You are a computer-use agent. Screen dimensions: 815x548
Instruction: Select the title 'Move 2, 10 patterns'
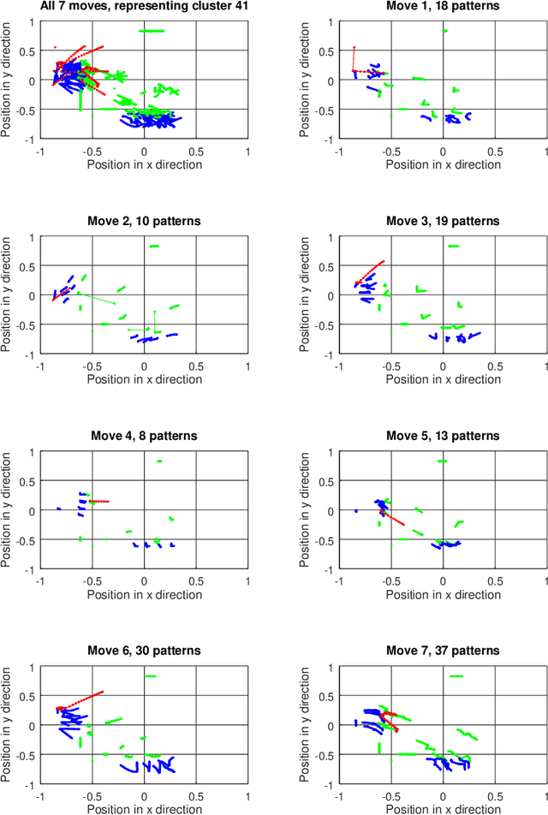click(x=144, y=221)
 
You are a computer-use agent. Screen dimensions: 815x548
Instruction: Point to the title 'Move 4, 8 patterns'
click(x=144, y=436)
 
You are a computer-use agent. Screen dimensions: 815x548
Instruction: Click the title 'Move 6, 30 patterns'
click(x=144, y=651)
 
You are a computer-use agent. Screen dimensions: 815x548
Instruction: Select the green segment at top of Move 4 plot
click(x=159, y=461)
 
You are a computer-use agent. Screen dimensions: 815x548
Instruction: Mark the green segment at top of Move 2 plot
click(x=154, y=247)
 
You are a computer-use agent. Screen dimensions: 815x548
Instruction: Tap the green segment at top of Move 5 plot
click(x=443, y=461)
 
